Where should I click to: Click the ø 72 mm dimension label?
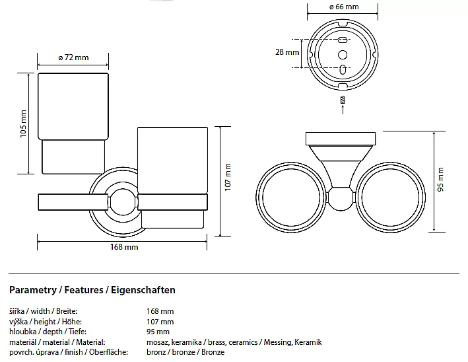coord(73,57)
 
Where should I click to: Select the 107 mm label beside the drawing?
coord(228,177)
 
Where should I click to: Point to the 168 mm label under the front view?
coord(123,247)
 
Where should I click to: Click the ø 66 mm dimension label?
coord(343,7)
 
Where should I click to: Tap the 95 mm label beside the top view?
coord(441,179)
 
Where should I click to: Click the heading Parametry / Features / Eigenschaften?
coord(92,290)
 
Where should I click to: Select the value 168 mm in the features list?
coord(160,310)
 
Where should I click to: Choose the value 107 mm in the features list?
coord(160,321)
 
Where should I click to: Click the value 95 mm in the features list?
coord(158,332)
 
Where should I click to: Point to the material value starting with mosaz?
coord(234,342)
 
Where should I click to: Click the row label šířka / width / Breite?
coord(44,310)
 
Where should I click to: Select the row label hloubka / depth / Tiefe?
coord(48,332)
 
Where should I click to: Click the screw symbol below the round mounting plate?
coord(343,100)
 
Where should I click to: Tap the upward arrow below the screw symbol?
coord(343,110)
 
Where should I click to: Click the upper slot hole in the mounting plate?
coord(343,40)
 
